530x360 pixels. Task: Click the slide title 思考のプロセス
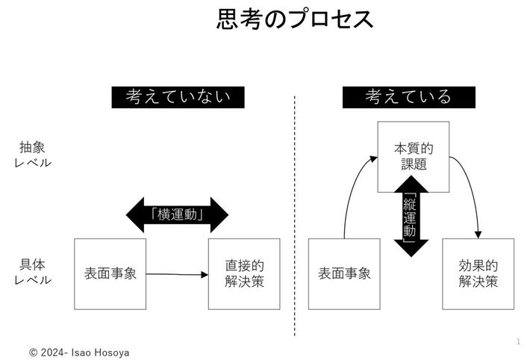tap(296, 19)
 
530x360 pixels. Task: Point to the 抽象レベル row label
tap(33, 154)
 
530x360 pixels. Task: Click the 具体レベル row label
tap(33, 272)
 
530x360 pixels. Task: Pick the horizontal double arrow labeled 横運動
tap(178, 214)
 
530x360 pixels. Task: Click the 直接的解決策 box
tap(244, 273)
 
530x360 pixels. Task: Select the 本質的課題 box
tap(413, 156)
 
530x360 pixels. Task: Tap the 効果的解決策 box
tap(478, 273)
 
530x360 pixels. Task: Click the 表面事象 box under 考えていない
tap(110, 273)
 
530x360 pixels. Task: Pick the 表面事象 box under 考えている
tap(344, 273)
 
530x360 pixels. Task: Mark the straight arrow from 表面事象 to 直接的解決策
tap(177, 274)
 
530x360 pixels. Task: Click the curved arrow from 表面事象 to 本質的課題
tap(349, 187)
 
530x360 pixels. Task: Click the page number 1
tap(517, 341)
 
